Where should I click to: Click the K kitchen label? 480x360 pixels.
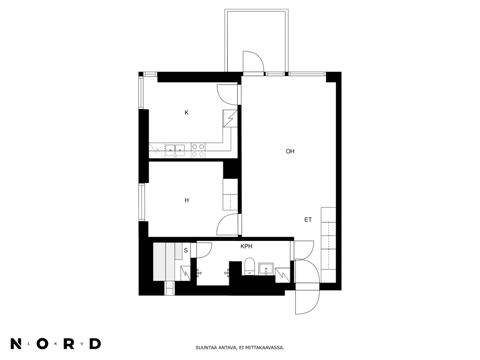click(186, 113)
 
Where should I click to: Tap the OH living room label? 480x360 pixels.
click(290, 151)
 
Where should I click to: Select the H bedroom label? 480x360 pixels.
click(187, 200)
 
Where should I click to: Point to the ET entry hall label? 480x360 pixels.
click(308, 220)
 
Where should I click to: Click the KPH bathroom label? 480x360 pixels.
click(246, 246)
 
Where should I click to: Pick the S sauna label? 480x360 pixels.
click(186, 250)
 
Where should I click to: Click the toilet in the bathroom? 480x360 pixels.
click(249, 266)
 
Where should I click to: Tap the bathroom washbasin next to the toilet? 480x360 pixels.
click(266, 269)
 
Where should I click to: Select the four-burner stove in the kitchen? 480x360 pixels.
click(198, 151)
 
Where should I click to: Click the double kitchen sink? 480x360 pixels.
click(175, 150)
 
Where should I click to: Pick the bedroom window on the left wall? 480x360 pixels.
click(142, 202)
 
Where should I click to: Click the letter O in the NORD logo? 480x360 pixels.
click(42, 343)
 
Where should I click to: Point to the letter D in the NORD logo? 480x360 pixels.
click(95, 343)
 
